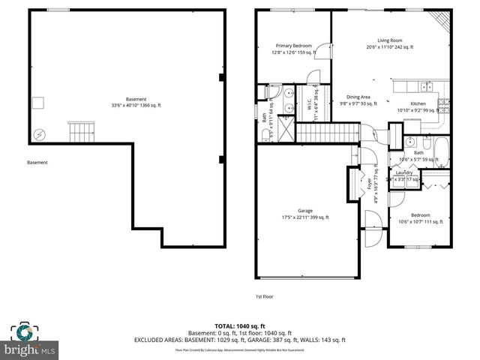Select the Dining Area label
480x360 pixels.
[x=358, y=97]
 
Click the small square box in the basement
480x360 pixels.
[x=38, y=103]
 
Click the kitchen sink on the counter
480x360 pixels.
[x=426, y=85]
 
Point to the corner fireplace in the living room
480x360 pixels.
[x=442, y=19]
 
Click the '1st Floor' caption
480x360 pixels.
[x=263, y=297]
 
